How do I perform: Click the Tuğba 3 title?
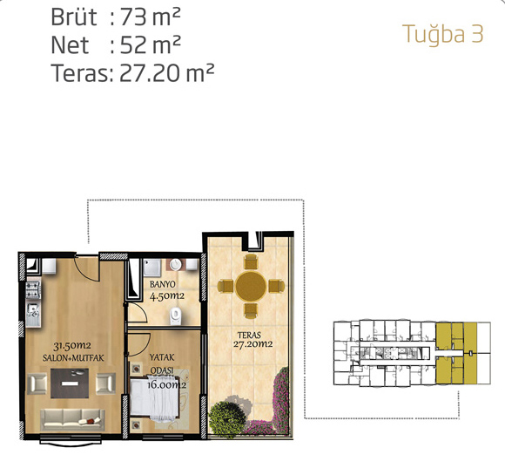(443, 34)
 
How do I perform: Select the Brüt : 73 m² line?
(116, 17)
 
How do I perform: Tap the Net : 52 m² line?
(116, 44)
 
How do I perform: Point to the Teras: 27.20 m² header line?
(132, 73)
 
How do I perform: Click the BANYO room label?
(163, 284)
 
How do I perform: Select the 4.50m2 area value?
(167, 295)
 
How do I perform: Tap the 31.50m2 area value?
(72, 346)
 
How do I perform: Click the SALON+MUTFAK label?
(73, 358)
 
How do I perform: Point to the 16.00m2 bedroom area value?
(166, 384)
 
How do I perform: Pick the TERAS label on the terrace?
(249, 336)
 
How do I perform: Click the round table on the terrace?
(251, 286)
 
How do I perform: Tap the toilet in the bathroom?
(175, 315)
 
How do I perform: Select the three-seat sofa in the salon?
(72, 419)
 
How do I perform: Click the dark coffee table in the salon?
(70, 383)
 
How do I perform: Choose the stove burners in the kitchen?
(33, 290)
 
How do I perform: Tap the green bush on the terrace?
(226, 417)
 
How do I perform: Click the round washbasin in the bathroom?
(176, 264)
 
